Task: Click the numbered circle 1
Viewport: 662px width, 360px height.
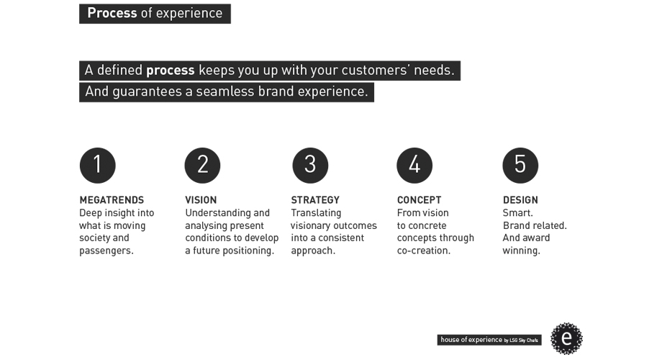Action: pos(98,165)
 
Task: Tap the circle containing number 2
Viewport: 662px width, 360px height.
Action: pos(202,165)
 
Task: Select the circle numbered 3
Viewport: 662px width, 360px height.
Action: pos(310,165)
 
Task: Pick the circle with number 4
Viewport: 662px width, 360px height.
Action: pos(414,165)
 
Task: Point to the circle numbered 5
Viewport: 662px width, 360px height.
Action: pos(520,165)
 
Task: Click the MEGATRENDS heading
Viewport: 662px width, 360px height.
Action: pos(112,200)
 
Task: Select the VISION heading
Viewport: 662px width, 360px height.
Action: pos(201,200)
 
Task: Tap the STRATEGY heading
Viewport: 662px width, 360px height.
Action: pos(315,200)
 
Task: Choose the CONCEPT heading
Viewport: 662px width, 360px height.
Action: pos(420,200)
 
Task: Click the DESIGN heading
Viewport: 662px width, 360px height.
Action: pos(520,200)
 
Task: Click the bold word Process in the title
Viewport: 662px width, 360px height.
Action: pos(112,13)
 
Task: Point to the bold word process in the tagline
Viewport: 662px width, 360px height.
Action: pos(170,71)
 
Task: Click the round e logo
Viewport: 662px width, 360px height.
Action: pos(566,338)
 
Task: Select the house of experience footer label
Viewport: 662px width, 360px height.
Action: pos(489,340)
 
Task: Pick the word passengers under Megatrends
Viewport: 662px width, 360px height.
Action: pos(105,251)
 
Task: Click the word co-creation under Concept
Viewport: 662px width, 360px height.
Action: pos(422,251)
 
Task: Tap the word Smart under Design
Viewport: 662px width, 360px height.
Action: pos(517,212)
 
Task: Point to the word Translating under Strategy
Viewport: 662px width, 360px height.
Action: pos(316,213)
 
